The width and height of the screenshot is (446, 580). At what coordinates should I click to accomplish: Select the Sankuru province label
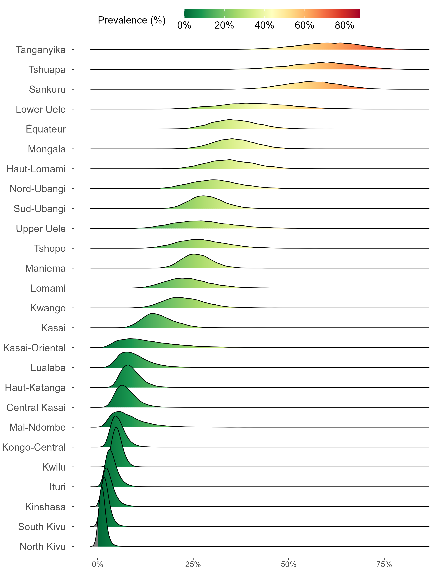point(47,90)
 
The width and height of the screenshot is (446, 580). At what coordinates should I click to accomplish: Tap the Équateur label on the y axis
point(46,129)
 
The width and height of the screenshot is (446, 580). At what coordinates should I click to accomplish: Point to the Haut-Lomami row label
point(36,169)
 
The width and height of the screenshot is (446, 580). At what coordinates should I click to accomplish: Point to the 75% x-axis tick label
point(384,564)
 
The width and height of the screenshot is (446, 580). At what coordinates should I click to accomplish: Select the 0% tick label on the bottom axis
point(97,564)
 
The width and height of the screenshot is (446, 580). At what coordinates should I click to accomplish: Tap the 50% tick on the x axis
point(289,564)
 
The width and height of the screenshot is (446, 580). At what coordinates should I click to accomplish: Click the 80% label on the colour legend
point(344,25)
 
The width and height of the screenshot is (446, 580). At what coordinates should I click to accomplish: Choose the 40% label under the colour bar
point(264,25)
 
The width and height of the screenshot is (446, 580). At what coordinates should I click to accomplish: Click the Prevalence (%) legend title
point(132,20)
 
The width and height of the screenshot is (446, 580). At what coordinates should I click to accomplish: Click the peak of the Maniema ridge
point(194,254)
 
